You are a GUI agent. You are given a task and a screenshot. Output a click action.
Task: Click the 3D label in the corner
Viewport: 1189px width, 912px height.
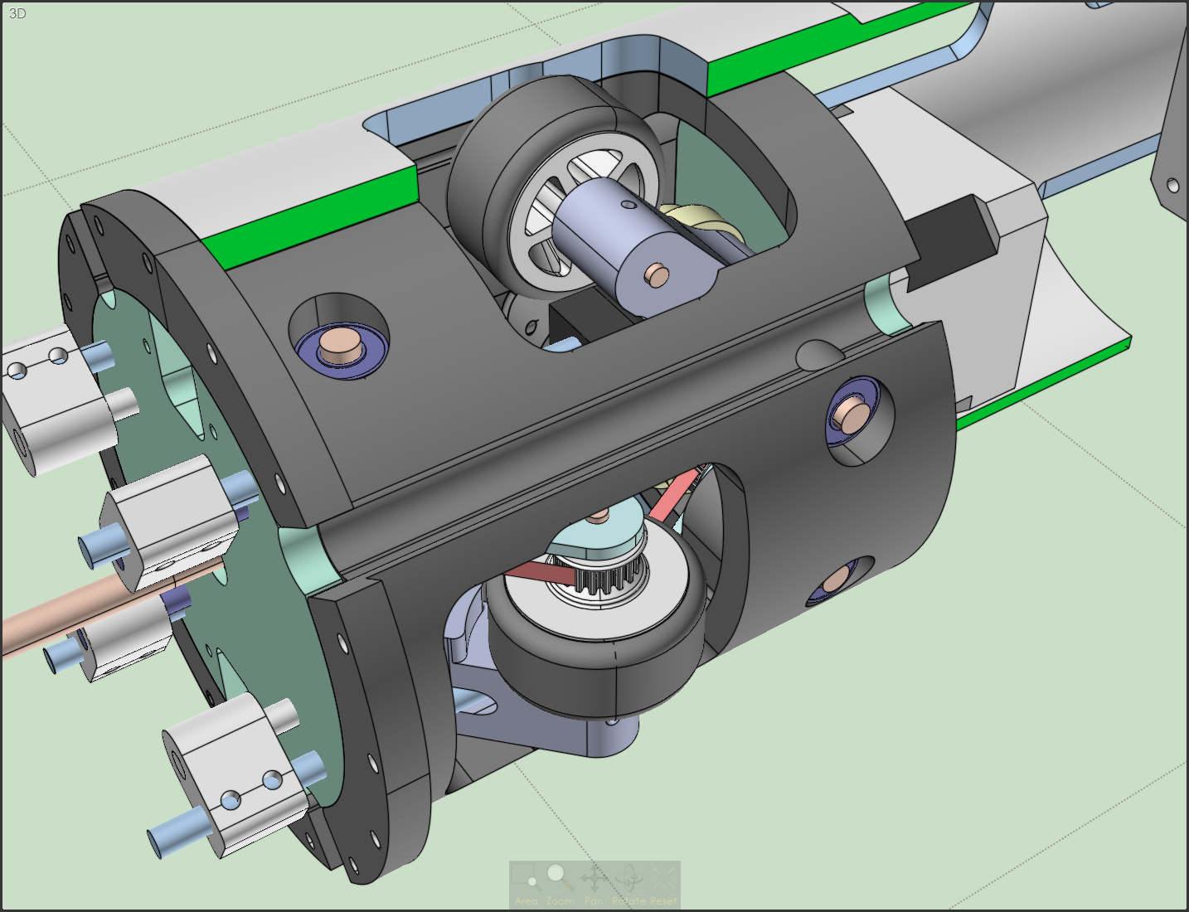[x=17, y=13]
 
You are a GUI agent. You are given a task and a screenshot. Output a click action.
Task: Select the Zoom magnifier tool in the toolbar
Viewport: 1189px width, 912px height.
[x=559, y=880]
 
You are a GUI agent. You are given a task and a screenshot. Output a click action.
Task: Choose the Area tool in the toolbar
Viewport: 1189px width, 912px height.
[x=525, y=880]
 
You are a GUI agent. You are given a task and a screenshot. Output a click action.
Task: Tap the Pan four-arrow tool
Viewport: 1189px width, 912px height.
[x=594, y=880]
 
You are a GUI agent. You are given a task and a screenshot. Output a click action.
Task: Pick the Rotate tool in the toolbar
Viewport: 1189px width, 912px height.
[x=628, y=880]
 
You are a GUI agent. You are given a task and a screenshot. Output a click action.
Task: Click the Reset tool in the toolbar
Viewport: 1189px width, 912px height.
[x=662, y=880]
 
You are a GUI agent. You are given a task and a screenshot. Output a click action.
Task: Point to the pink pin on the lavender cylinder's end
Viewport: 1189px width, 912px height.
[x=657, y=273]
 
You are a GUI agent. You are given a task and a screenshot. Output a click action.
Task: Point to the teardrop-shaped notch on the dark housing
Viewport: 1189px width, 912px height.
[x=817, y=355]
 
